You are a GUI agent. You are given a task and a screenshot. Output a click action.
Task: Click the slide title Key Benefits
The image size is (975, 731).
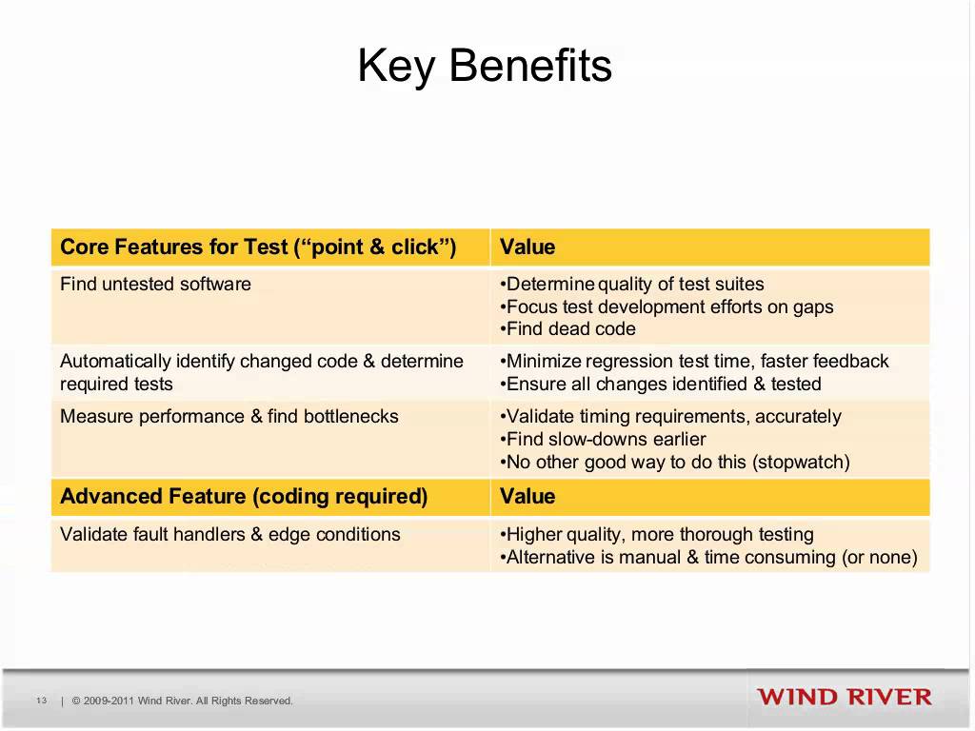[x=485, y=67]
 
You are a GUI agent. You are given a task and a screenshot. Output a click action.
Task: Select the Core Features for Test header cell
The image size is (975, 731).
[x=258, y=247]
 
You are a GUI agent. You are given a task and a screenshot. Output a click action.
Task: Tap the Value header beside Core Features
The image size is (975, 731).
[x=527, y=247]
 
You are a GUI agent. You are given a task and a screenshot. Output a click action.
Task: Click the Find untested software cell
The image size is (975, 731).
[x=155, y=284]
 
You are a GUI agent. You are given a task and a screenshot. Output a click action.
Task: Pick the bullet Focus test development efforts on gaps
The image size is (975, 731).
[x=667, y=306]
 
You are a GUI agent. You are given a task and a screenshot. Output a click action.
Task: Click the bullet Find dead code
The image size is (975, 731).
[x=569, y=329]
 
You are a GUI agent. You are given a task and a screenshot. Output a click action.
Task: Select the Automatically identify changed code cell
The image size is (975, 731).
[x=261, y=372]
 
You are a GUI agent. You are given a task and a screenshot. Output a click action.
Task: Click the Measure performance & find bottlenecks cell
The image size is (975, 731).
[x=229, y=416]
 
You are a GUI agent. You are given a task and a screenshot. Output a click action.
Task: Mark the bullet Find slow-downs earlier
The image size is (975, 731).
[x=604, y=439]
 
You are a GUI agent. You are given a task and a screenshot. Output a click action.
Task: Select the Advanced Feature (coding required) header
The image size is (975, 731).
[x=244, y=497]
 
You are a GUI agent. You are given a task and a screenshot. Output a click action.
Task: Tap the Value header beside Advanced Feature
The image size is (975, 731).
[x=527, y=497]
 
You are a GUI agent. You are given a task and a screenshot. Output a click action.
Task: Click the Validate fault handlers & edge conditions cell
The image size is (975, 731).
[x=229, y=534]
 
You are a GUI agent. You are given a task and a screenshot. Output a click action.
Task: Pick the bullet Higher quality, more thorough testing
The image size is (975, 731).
[x=658, y=534]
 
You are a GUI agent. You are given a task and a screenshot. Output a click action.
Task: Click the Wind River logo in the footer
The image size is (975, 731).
[x=845, y=697]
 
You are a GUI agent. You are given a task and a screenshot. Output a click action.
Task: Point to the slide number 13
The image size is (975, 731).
[x=42, y=701]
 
